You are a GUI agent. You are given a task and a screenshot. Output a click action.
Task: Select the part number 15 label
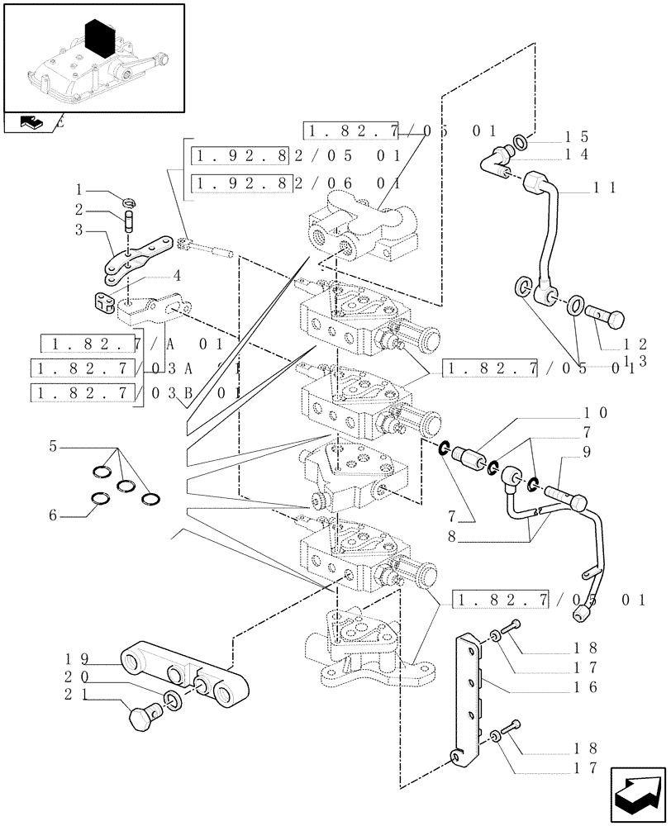[x=576, y=136]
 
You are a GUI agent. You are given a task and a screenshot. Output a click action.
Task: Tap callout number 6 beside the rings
[x=54, y=515]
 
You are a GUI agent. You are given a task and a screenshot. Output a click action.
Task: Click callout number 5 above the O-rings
[x=54, y=447]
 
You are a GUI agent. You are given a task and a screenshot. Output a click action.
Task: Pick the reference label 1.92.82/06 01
[x=296, y=183]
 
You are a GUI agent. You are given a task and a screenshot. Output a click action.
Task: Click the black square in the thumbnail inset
[x=99, y=40]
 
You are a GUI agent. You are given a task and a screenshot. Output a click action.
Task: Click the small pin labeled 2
[x=129, y=222]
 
